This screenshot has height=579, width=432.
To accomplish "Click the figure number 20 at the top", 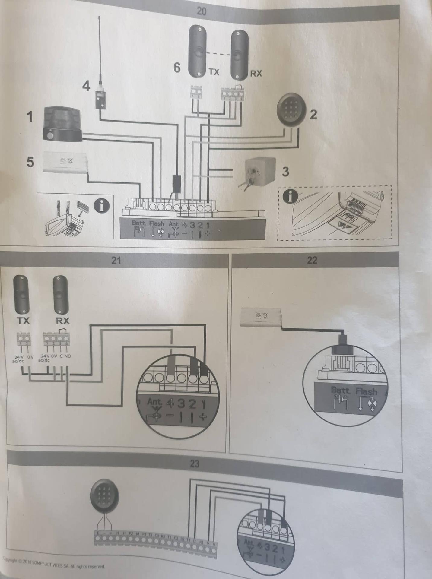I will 202,11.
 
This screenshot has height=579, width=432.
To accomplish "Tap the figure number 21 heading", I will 116,260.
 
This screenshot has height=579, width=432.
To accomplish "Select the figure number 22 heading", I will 312,260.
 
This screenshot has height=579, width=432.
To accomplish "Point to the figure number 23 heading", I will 195,464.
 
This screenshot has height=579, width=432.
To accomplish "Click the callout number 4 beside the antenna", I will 86,87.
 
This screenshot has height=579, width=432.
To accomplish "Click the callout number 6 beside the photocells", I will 177,67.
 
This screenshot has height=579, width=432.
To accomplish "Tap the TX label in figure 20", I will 214,72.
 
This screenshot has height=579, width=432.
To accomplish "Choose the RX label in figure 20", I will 256,73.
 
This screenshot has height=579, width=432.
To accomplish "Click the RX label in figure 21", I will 63,321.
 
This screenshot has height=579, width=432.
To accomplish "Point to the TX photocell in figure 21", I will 21,294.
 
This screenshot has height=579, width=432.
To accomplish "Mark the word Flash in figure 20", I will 156,224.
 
